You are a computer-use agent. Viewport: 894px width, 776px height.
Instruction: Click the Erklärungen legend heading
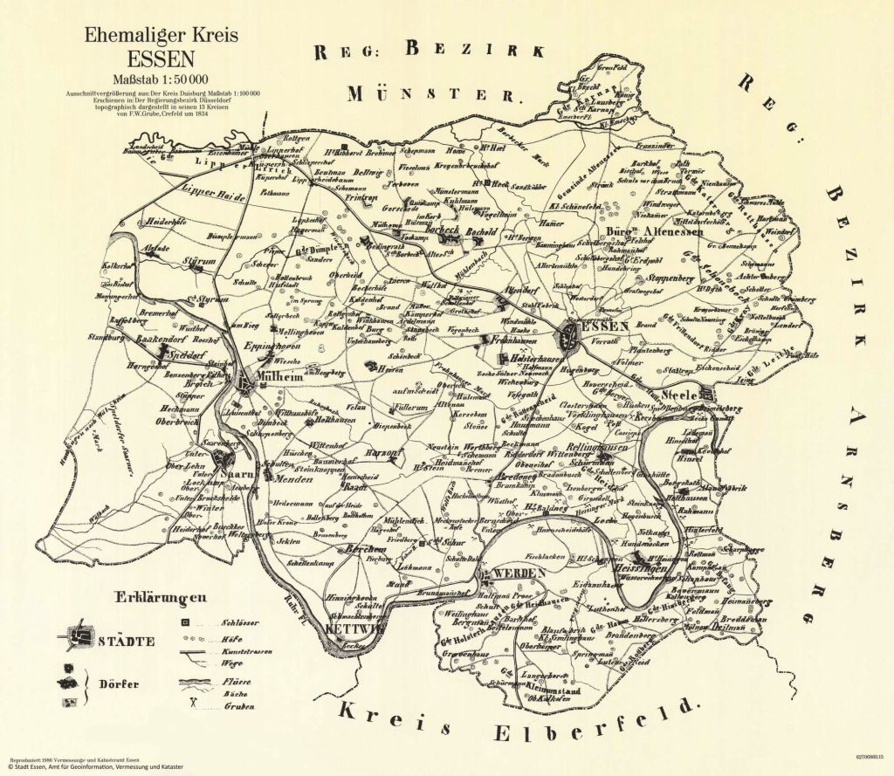[x=158, y=598]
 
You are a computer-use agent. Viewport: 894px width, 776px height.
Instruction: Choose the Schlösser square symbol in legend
[x=185, y=622]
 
